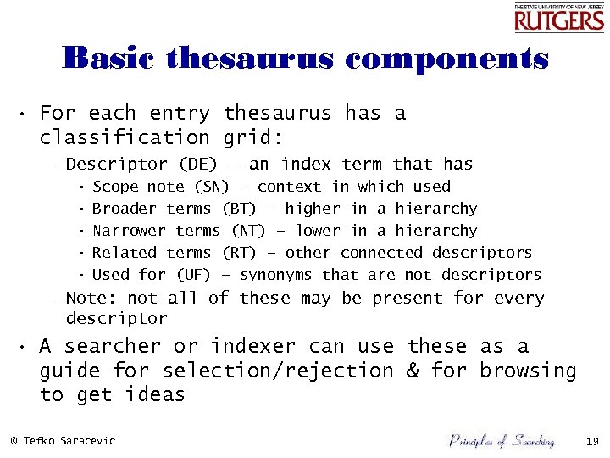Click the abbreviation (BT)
pos(240,209)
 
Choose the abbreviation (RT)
pos(240,253)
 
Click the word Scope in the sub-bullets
pos(115,187)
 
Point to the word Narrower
pos(129,231)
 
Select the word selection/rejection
pos(278,371)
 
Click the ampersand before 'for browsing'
pos(413,371)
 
